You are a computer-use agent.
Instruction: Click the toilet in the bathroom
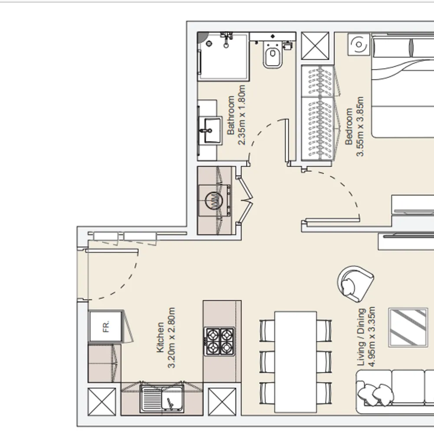[273, 55]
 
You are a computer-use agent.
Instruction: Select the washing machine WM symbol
[214, 201]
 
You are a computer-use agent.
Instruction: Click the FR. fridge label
[106, 326]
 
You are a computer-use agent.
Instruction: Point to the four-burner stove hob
[220, 341]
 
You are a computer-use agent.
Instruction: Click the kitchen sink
[162, 399]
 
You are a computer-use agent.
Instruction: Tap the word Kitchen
[160, 337]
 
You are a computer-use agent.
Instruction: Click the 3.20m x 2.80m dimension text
[171, 338]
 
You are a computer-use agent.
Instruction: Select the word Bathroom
[231, 115]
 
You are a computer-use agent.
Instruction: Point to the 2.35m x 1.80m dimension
[242, 115]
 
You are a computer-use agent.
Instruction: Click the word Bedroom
[349, 126]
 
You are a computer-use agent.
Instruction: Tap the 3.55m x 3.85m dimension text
[360, 126]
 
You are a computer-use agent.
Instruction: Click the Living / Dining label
[361, 337]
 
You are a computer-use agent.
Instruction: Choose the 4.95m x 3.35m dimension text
[372, 337]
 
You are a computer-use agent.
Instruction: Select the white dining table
[296, 362]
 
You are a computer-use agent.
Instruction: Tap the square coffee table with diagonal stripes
[408, 327]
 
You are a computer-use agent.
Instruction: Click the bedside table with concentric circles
[359, 44]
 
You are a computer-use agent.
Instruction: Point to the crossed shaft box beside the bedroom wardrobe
[315, 46]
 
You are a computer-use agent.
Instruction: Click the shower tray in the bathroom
[223, 56]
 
